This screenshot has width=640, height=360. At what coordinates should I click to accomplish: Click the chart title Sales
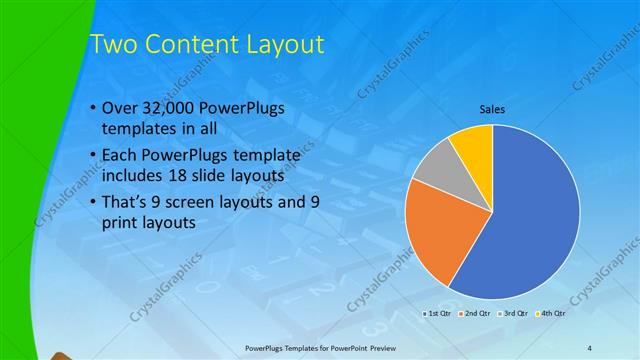491,109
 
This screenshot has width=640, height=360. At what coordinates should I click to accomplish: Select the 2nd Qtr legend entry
474,313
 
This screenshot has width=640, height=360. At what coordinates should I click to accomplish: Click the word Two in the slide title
112,45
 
